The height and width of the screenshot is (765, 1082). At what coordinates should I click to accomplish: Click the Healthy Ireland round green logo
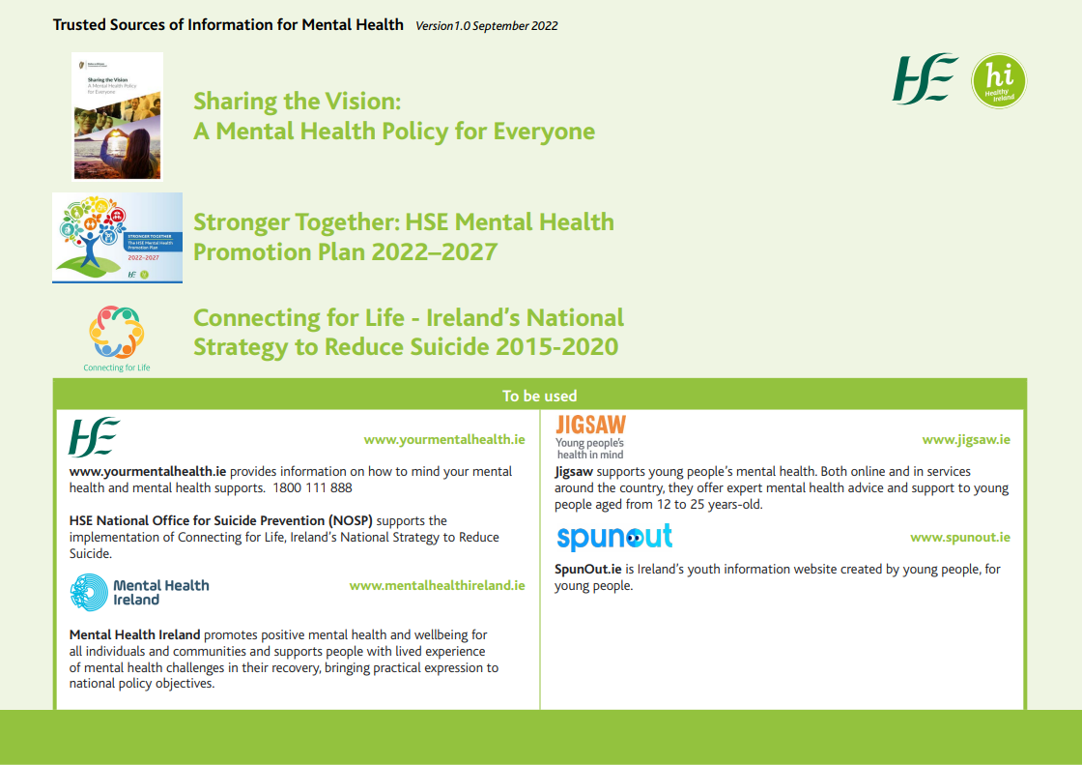(x=998, y=80)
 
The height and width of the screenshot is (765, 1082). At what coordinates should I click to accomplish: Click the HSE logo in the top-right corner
(x=925, y=79)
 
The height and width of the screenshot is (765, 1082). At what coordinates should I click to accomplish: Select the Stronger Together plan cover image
(x=117, y=238)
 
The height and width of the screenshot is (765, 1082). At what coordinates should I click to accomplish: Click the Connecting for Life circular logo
(x=116, y=332)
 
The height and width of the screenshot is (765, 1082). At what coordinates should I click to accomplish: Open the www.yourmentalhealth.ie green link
(x=444, y=439)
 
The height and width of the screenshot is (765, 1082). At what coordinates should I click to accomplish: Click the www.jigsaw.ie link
(x=966, y=439)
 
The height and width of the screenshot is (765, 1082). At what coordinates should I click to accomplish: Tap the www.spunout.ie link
(x=959, y=537)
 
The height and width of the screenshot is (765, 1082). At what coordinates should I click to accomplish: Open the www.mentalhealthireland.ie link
(x=437, y=585)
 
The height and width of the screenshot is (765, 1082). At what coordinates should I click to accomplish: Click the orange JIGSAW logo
(x=590, y=425)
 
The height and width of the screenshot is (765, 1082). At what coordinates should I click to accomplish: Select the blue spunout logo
(x=613, y=537)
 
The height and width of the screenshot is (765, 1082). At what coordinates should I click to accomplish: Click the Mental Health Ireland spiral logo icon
(x=88, y=592)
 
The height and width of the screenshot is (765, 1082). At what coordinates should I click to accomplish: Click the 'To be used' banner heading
(x=539, y=396)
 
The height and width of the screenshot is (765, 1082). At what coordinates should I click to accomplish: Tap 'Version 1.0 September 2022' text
(x=486, y=26)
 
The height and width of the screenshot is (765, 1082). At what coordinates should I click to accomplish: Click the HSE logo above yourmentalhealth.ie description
(x=94, y=437)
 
